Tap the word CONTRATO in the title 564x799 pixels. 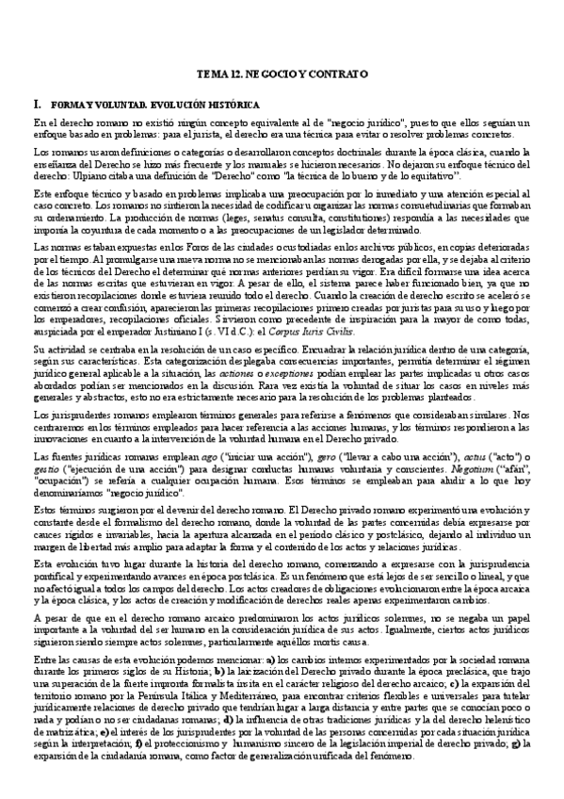pos(335,73)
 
